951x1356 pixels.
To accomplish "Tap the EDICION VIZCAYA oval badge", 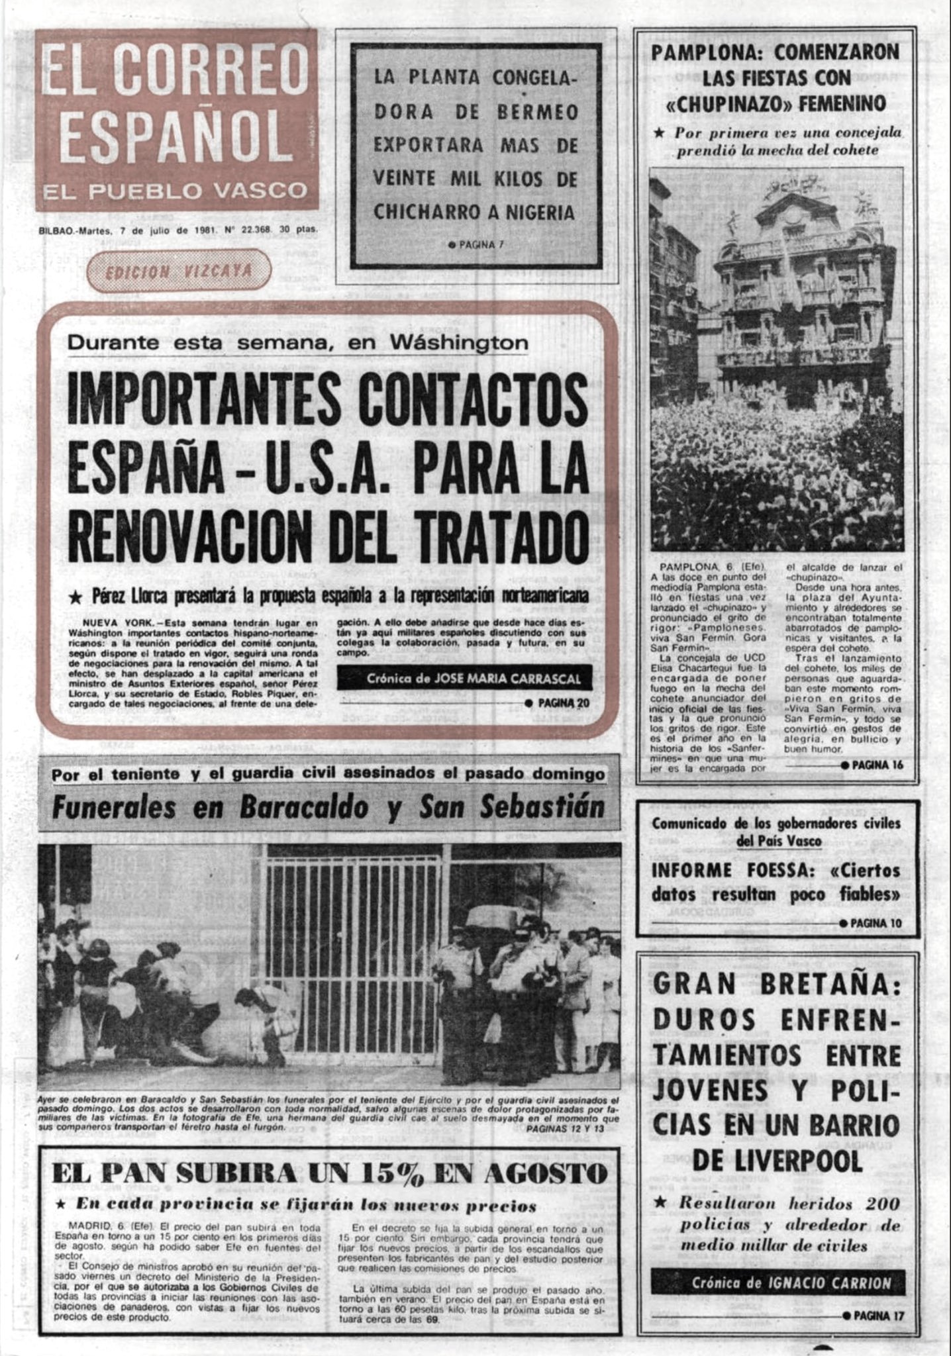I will click(x=179, y=271).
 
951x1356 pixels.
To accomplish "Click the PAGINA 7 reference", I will click(x=476, y=244).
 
